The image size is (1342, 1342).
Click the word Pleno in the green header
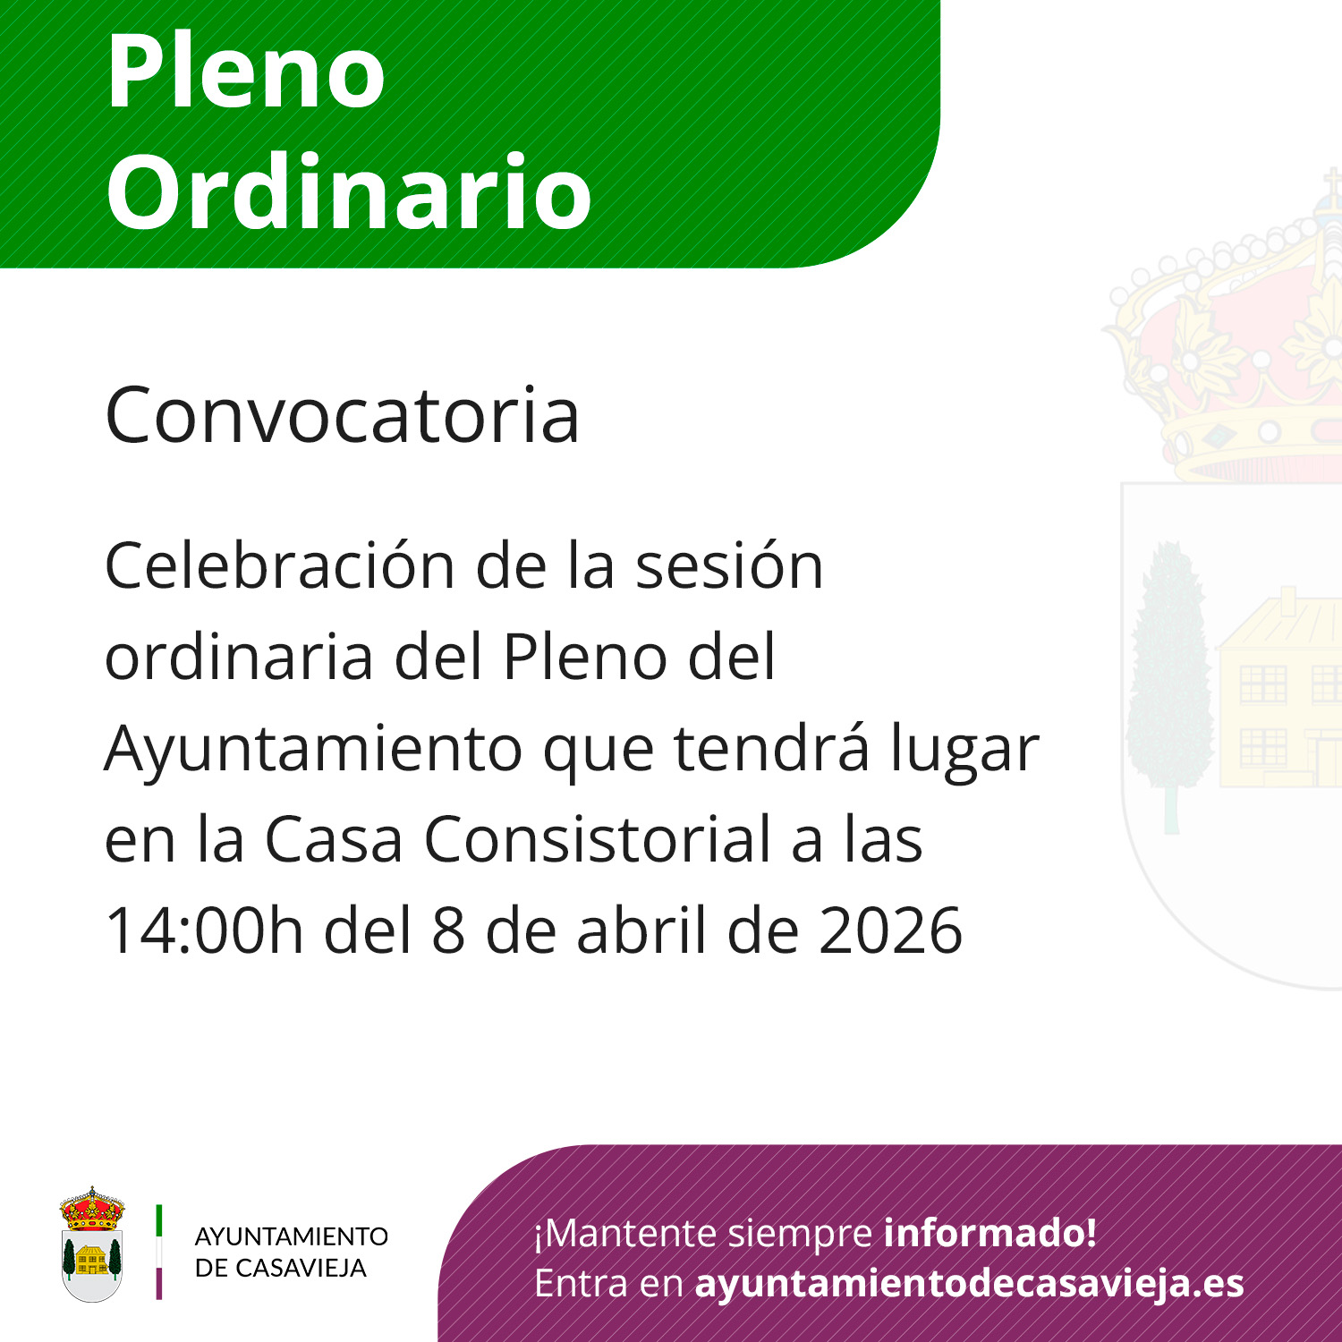point(246,72)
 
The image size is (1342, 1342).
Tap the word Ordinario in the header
point(349,191)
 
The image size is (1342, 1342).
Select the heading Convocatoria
point(343,415)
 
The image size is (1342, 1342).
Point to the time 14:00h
point(205,930)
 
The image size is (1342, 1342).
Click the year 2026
point(890,930)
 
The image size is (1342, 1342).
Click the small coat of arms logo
point(92,1244)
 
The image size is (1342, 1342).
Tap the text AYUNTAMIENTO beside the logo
point(292,1236)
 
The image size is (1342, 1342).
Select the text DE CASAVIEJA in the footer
point(281,1268)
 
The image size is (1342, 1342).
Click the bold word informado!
point(990,1233)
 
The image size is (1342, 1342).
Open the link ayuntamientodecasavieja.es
point(970,1284)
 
